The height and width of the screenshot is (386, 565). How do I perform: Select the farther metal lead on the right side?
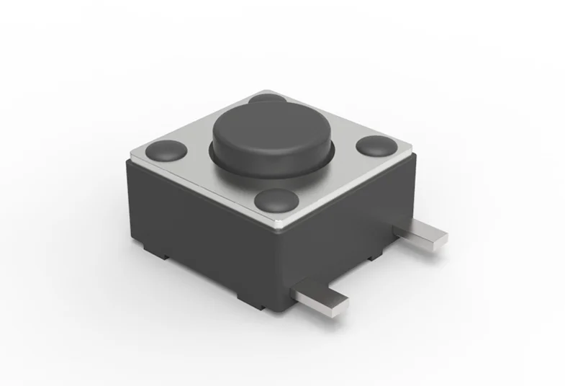(x=420, y=234)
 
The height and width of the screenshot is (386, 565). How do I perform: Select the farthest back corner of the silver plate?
(x=268, y=91)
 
